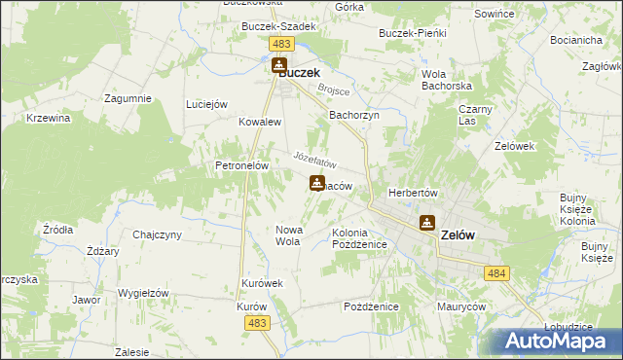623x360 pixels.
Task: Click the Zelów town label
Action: point(458,234)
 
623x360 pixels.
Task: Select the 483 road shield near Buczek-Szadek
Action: point(281,45)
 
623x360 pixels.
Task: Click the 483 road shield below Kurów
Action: point(257,323)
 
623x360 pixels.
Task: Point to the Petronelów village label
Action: point(241,165)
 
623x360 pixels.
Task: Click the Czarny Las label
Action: point(475,115)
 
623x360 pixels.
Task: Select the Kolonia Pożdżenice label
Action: point(360,239)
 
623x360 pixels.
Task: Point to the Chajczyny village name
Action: point(158,234)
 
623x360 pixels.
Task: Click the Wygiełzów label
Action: point(144,293)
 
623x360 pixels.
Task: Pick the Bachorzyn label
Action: point(353,115)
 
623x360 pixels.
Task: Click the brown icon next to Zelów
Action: point(426,223)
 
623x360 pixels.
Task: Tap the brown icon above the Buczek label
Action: point(278,64)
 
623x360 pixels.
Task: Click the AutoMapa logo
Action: point(556,341)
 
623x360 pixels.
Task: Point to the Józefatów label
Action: point(314,158)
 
